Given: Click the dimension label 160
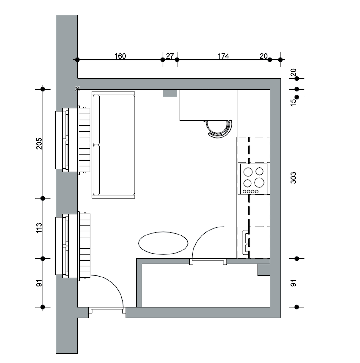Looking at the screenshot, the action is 120,56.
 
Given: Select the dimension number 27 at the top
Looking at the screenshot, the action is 170,56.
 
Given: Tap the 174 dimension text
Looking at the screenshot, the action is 223,56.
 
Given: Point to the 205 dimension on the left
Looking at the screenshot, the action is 39,143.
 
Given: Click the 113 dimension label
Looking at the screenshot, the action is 39,228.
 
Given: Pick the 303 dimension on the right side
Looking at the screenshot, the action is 293,178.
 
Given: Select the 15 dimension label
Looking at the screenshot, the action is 293,103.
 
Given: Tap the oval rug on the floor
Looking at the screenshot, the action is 163,243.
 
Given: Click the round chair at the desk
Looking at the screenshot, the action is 219,129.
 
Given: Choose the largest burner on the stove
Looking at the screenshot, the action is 259,183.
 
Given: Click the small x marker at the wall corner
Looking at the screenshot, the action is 77,89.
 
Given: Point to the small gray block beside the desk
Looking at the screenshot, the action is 170,93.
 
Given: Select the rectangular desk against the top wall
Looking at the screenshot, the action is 204,105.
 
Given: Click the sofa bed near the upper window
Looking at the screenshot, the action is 113,145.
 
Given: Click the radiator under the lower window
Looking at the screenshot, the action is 85,246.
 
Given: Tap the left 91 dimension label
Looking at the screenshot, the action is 39,283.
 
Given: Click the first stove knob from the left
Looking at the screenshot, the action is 244,192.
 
